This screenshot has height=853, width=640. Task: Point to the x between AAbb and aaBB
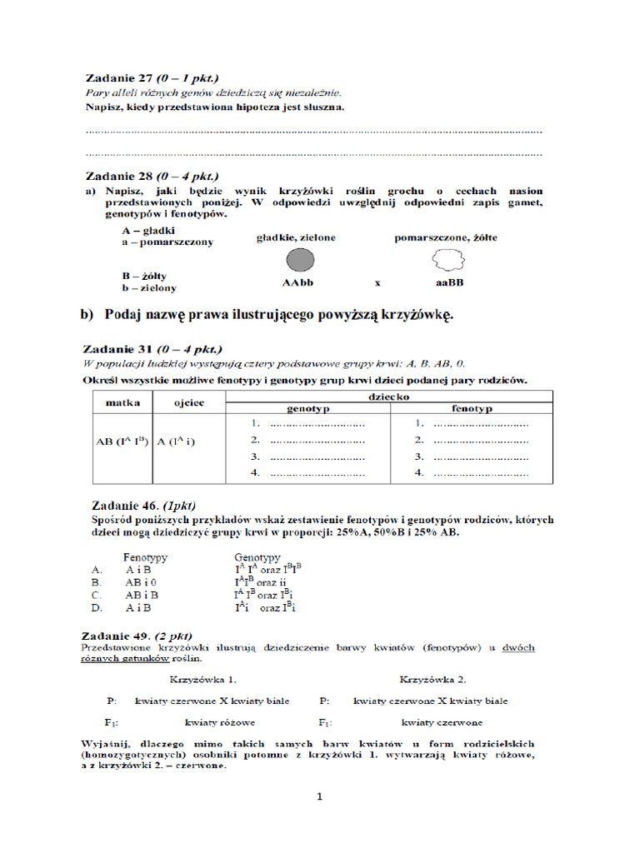(377, 283)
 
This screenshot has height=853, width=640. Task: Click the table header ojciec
(187, 402)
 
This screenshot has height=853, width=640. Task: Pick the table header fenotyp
(472, 409)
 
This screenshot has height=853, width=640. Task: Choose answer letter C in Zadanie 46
(97, 595)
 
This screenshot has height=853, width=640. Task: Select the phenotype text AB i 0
(142, 582)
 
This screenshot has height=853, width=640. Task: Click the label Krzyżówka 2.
(432, 678)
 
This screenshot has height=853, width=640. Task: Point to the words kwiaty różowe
(220, 722)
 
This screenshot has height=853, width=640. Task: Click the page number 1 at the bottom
(319, 796)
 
